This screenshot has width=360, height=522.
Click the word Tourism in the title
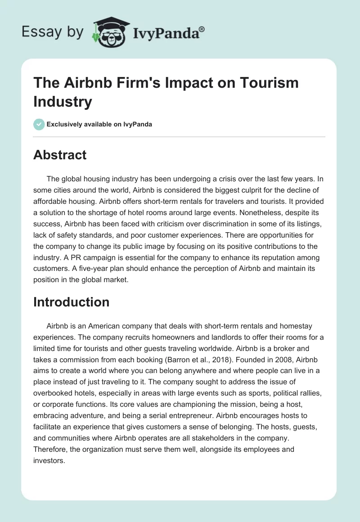(x=270, y=83)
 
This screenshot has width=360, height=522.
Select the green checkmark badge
(x=39, y=124)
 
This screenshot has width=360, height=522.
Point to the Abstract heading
(x=60, y=155)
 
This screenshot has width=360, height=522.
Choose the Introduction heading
(x=71, y=301)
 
